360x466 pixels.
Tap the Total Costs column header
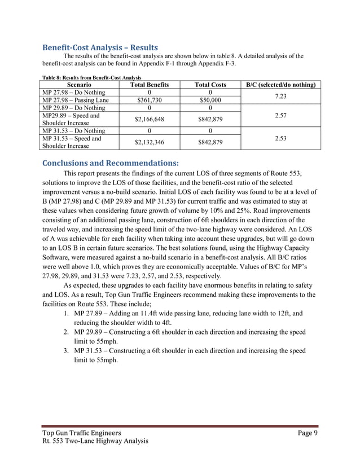[x=210, y=85]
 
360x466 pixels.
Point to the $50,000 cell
[x=210, y=100]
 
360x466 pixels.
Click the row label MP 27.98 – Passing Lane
[x=74, y=100]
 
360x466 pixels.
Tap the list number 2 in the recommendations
[x=66, y=332]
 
